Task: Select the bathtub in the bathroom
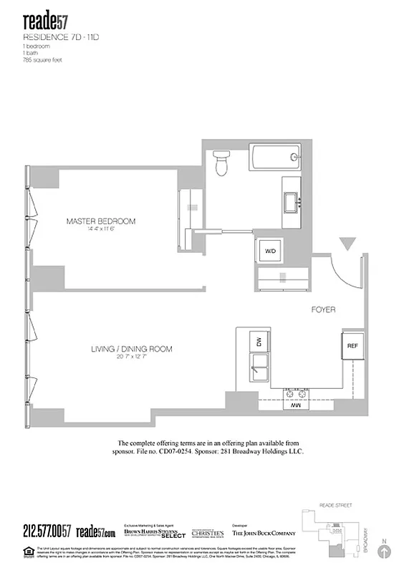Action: (275, 157)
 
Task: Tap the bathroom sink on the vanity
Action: (292, 203)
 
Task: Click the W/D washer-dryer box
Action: (271, 251)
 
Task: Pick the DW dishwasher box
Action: (259, 343)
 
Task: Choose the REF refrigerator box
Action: (352, 346)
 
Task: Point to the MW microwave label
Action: (294, 405)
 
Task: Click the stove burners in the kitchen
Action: (295, 393)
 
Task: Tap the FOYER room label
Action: (323, 309)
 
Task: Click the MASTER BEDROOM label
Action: (100, 221)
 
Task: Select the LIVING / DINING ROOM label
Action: (131, 349)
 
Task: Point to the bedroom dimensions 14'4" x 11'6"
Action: (100, 230)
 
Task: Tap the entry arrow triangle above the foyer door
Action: (347, 244)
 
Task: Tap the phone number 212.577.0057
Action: (47, 530)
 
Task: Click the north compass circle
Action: (385, 552)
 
